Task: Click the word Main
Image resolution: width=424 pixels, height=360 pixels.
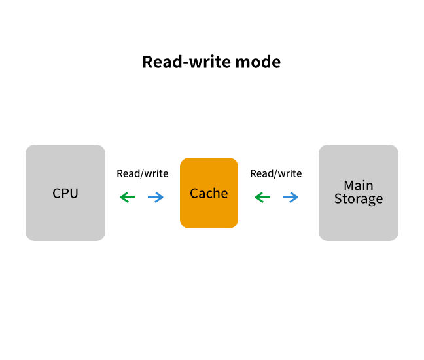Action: (x=359, y=185)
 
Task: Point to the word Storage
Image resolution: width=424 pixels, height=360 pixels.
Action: (x=359, y=199)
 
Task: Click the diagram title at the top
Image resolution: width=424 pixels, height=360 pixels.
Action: (x=211, y=62)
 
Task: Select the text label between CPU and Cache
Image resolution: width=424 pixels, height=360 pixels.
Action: (x=142, y=174)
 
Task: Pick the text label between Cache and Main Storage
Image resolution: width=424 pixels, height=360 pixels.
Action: (x=276, y=174)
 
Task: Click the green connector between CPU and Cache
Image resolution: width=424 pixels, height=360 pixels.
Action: (x=126, y=197)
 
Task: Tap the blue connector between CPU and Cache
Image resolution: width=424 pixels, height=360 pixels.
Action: (x=158, y=197)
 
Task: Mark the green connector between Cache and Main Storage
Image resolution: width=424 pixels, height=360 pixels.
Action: (x=260, y=197)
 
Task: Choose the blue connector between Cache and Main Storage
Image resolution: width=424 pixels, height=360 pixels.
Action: (x=292, y=197)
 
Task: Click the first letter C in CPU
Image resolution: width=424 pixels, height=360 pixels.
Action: (x=57, y=194)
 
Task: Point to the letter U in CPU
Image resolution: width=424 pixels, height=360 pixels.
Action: (x=74, y=194)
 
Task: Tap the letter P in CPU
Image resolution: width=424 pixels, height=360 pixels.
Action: (x=65, y=194)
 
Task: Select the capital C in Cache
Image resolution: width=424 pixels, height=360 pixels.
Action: (x=194, y=194)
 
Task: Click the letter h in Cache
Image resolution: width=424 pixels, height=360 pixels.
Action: (x=217, y=193)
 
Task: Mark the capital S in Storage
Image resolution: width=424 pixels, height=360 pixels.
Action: (x=338, y=199)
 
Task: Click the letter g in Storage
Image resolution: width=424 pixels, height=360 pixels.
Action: (x=370, y=200)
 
